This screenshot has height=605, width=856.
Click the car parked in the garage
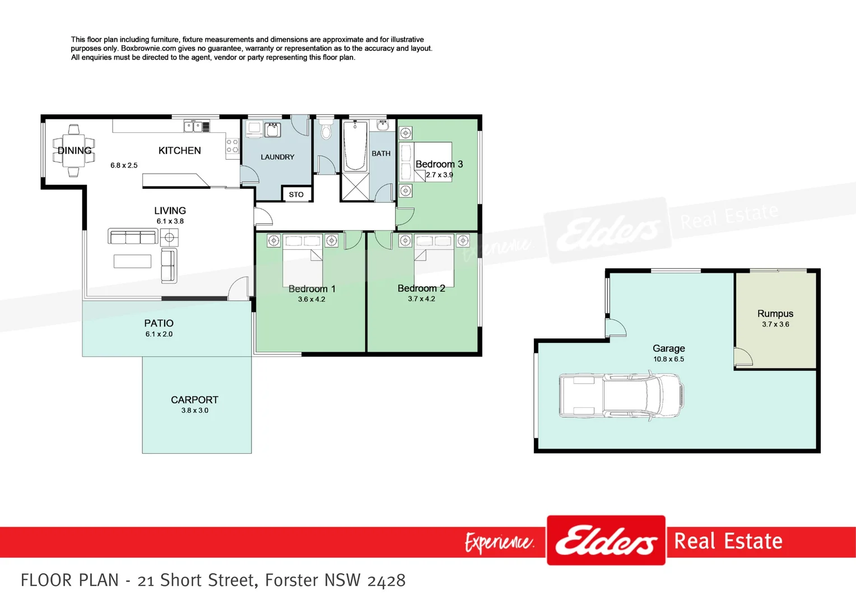click(x=621, y=395)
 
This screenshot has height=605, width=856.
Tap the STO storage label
click(x=296, y=194)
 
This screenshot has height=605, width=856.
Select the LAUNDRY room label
click(x=277, y=157)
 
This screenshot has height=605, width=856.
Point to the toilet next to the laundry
click(x=326, y=131)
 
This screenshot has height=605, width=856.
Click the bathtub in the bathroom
click(x=355, y=146)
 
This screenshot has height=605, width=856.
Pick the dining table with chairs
click(x=73, y=150)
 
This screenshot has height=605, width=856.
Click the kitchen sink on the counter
click(x=193, y=127)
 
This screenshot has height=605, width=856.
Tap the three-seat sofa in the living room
click(x=133, y=237)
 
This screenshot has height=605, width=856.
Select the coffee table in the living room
click(x=133, y=261)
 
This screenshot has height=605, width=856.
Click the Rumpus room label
click(x=775, y=314)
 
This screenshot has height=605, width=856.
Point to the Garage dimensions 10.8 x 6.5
click(x=668, y=359)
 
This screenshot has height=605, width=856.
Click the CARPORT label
click(x=194, y=400)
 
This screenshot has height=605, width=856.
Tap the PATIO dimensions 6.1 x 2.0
click(x=159, y=334)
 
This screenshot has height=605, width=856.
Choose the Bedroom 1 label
click(x=311, y=289)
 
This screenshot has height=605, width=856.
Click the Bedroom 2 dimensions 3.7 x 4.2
click(x=421, y=299)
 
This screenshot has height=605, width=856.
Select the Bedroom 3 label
click(x=439, y=164)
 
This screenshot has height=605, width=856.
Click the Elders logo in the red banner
click(x=606, y=541)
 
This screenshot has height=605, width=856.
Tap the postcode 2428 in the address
click(x=386, y=580)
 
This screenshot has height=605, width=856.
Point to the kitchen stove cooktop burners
click(x=232, y=146)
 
